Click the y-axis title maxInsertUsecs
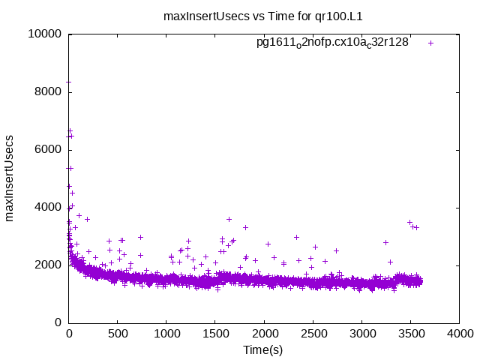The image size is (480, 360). coord(10,178)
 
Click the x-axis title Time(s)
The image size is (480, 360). coord(262,349)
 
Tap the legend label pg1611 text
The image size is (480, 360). coord(332,43)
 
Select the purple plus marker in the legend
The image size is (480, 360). coord(430,43)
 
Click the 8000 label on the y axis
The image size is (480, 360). coord(48,91)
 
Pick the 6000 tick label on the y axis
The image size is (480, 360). coord(48,149)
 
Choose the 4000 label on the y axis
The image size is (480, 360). coord(48,207)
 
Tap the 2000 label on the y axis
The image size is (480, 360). coord(48,265)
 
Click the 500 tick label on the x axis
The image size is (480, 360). coord(118,334)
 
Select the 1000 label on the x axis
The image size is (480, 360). coord(166,334)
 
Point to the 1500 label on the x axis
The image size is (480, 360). coord(215,334)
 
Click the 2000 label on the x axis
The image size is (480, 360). coord(264,334)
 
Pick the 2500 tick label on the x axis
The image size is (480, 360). coord(313,334)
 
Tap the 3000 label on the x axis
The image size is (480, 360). coord(361,334)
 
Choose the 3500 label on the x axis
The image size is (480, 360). coord(410,334)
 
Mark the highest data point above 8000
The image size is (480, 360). coord(69,81)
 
